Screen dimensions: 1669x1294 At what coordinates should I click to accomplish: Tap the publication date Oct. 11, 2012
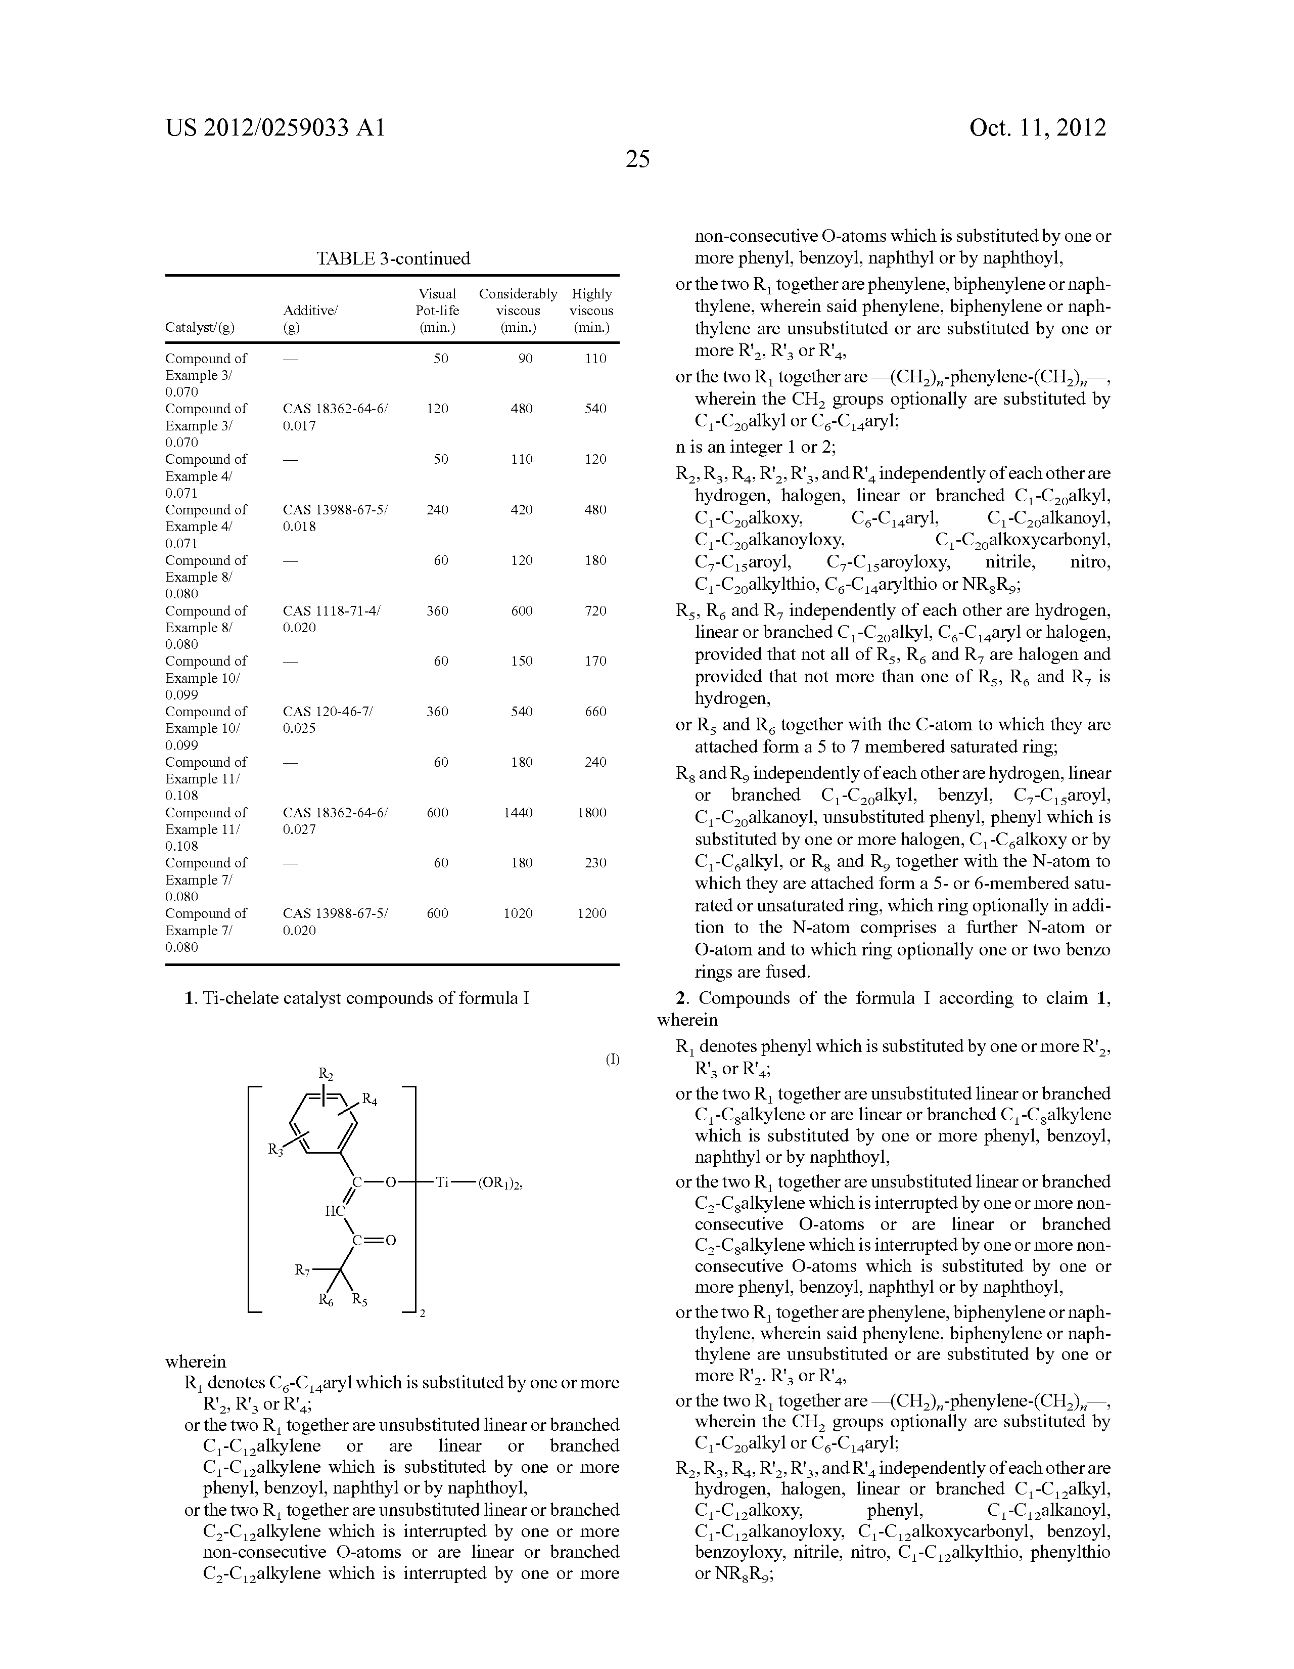(x=1037, y=127)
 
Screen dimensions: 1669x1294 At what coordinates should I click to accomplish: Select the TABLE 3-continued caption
(x=393, y=258)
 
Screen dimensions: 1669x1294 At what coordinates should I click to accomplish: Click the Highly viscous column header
(x=591, y=310)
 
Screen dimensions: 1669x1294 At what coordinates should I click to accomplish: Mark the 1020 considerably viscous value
(x=518, y=913)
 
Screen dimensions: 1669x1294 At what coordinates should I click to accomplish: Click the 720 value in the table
(x=595, y=610)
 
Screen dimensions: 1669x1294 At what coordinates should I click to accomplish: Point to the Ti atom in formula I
(x=443, y=1182)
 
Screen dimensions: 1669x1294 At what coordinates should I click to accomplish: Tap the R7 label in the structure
(x=302, y=1270)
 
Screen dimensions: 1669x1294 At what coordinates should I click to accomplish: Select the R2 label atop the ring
(x=326, y=1074)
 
